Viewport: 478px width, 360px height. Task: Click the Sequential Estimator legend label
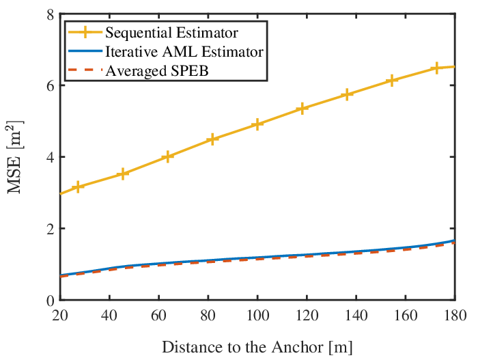[171, 33]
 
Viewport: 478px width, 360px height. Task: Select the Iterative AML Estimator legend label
[184, 51]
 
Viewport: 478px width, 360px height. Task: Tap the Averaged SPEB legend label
[157, 71]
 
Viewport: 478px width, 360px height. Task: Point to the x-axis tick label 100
[257, 315]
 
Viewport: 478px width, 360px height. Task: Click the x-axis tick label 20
[60, 315]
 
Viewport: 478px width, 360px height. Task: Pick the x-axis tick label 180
[455, 315]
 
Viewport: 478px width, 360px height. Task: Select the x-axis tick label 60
[158, 315]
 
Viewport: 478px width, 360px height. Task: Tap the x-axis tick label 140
[356, 315]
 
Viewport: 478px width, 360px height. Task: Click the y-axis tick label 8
[51, 14]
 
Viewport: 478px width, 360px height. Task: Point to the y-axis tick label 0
[51, 301]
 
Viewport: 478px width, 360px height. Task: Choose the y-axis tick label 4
[51, 157]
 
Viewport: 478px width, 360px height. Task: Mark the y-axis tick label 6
[51, 85]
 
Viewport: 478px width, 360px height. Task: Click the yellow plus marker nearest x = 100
[257, 124]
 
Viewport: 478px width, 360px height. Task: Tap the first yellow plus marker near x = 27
[78, 186]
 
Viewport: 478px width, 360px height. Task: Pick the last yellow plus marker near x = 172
[436, 68]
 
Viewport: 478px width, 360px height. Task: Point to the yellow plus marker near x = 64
[167, 156]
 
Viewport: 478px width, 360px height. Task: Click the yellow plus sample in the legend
[85, 32]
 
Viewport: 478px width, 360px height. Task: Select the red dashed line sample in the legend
[85, 70]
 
